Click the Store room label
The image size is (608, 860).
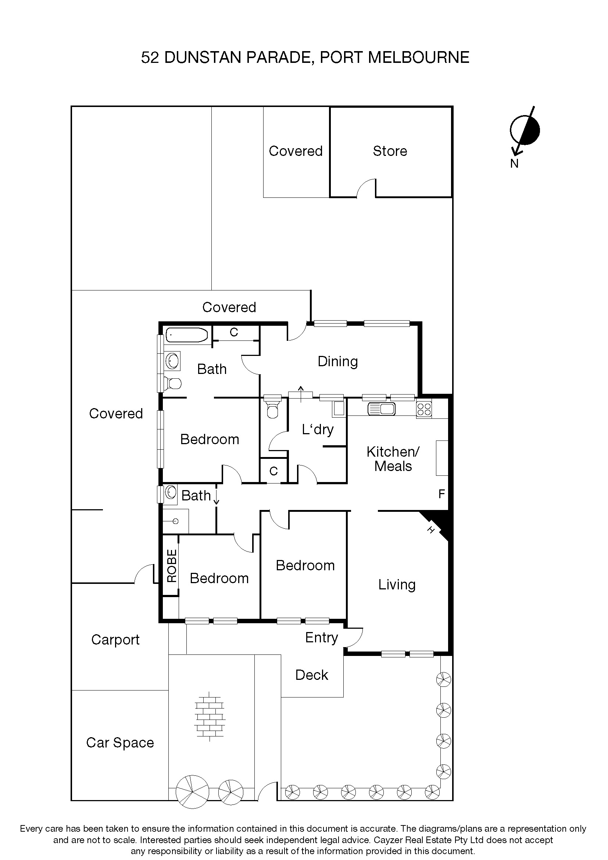pyautogui.click(x=390, y=151)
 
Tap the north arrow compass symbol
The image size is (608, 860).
pyautogui.click(x=525, y=131)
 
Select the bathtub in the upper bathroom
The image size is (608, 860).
pyautogui.click(x=186, y=335)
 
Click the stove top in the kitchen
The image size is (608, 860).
pyautogui.click(x=424, y=408)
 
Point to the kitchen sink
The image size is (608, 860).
pyautogui.click(x=381, y=408)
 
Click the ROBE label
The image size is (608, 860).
pyautogui.click(x=171, y=565)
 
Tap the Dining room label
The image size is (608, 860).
pyautogui.click(x=337, y=361)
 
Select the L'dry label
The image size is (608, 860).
pyautogui.click(x=318, y=429)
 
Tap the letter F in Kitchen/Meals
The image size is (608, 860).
pyautogui.click(x=441, y=494)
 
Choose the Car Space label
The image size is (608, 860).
pyautogui.click(x=120, y=742)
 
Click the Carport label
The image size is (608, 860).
pyautogui.click(x=115, y=639)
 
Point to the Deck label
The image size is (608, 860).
pyautogui.click(x=311, y=675)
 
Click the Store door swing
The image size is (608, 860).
pyautogui.click(x=366, y=188)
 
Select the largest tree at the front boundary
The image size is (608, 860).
pyautogui.click(x=192, y=791)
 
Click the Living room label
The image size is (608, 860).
pyautogui.click(x=397, y=584)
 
